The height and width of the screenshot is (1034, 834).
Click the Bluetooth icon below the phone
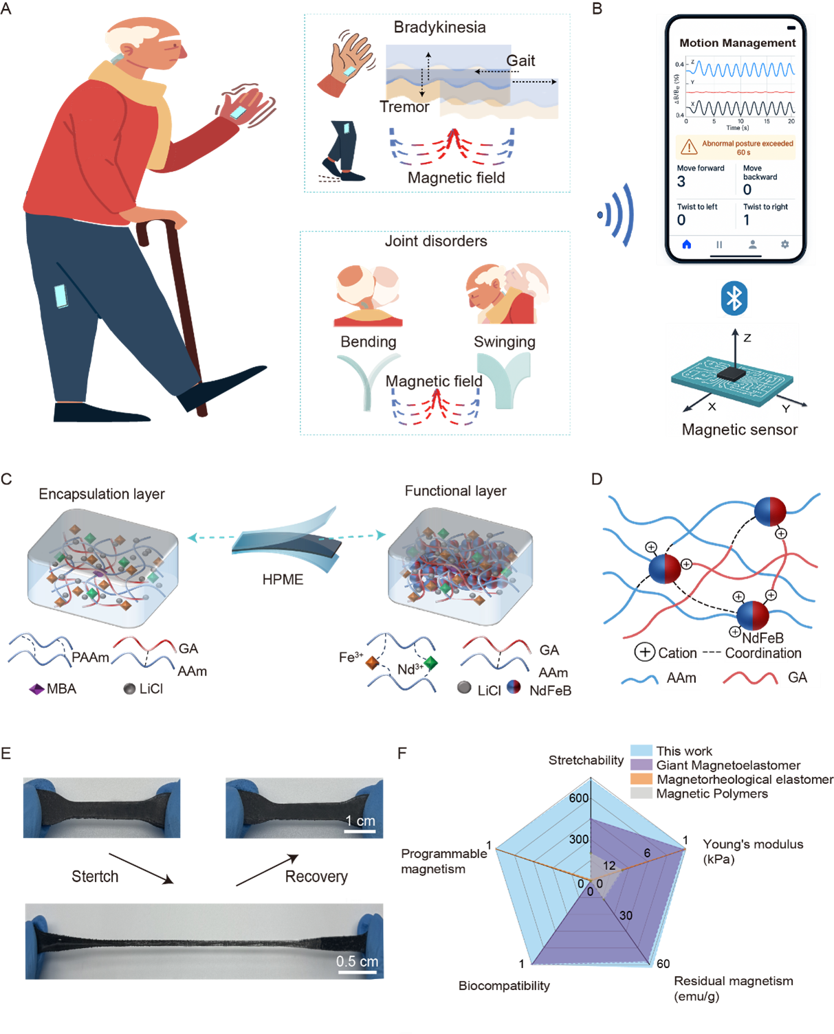click(x=734, y=298)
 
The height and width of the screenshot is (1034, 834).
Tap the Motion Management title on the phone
click(x=737, y=43)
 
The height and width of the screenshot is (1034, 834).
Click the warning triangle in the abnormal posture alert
click(x=688, y=148)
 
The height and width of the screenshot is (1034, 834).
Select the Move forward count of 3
click(x=681, y=181)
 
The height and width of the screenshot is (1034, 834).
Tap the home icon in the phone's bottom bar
click(x=686, y=245)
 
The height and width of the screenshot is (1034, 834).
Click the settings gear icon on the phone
click(x=784, y=245)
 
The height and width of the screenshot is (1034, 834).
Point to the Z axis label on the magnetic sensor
click(x=747, y=338)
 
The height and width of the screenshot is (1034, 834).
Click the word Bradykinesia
click(x=439, y=27)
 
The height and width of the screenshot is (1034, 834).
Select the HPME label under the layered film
click(x=283, y=579)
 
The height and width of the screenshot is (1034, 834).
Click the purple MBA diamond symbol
click(x=36, y=688)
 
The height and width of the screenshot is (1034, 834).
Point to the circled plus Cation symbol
click(x=644, y=652)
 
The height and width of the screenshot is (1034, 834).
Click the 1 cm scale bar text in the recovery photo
click(x=360, y=820)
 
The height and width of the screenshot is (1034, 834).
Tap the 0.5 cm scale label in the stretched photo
click(x=357, y=961)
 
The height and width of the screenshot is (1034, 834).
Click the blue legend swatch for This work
click(x=641, y=751)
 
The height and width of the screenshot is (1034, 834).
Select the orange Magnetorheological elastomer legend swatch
click(x=641, y=779)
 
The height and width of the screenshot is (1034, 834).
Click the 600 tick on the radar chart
click(x=579, y=798)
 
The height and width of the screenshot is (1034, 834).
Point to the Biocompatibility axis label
click(x=504, y=985)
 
